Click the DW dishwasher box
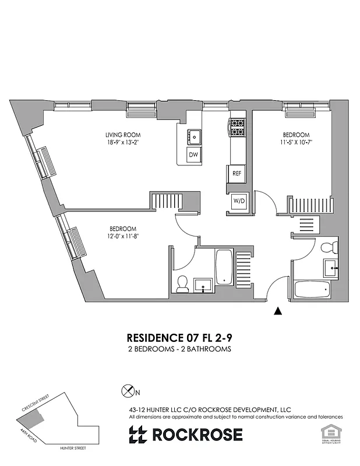click(x=194, y=155)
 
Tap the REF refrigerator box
click(x=237, y=173)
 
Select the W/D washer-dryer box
click(x=239, y=201)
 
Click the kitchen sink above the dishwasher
click(x=194, y=136)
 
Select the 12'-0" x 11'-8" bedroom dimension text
click(x=123, y=235)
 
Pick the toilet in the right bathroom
click(x=327, y=246)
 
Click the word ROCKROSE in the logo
click(x=197, y=435)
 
